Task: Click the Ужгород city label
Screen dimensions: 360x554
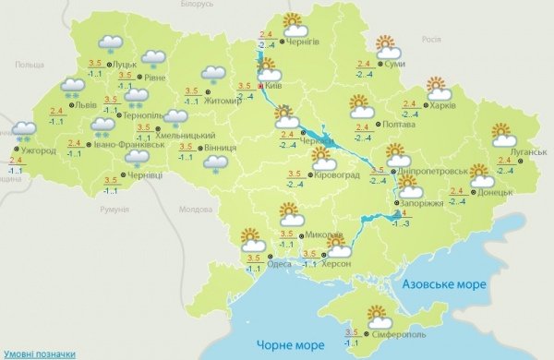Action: [39, 150]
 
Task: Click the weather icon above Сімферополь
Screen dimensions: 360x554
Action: [378, 314]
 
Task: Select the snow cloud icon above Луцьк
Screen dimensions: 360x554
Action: [112, 42]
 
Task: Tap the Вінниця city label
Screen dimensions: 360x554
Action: [221, 147]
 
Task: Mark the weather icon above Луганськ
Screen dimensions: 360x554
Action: [503, 133]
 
